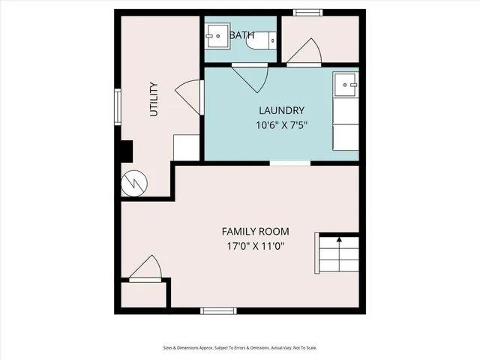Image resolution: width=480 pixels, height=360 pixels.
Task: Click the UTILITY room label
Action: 154,98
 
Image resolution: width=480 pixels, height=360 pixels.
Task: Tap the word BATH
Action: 241,35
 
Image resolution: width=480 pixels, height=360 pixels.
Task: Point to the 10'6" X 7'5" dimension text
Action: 282,125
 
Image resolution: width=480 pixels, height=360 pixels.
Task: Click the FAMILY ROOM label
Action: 255,231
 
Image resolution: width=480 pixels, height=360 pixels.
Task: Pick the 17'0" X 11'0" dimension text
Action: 255,246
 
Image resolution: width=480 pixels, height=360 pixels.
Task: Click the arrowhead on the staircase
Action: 339,240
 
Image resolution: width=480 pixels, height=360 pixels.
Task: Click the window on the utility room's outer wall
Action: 117,106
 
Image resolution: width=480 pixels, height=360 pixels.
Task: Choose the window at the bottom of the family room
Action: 219,310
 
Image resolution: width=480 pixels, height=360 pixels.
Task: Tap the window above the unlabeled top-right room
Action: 305,12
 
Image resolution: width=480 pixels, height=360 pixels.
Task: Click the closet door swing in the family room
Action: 145,268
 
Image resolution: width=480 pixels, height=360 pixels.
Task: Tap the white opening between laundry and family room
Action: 290,163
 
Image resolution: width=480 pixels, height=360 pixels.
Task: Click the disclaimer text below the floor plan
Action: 240,347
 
